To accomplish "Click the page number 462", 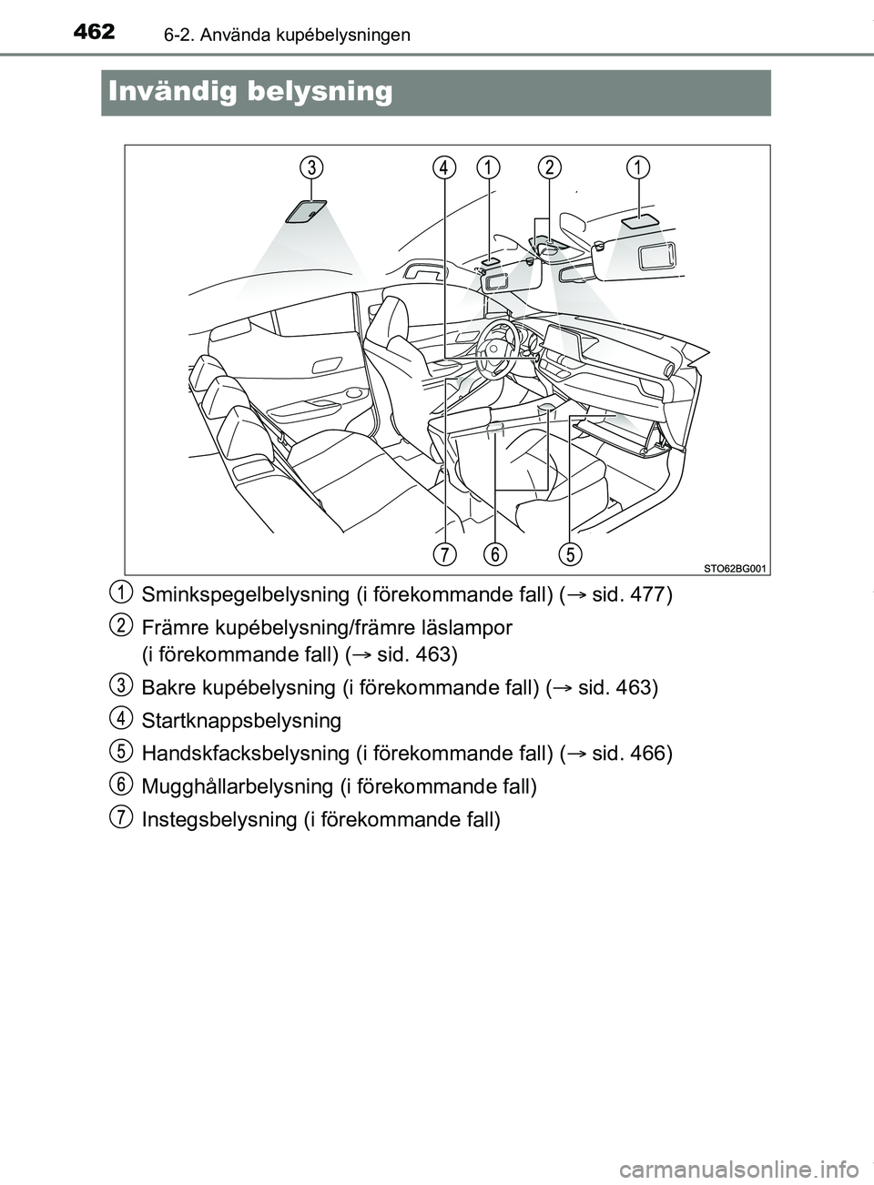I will click(90, 33).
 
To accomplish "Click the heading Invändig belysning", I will click(249, 92).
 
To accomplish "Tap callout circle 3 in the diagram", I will click(311, 167).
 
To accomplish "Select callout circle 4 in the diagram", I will click(444, 167).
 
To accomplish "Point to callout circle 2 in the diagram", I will click(550, 167).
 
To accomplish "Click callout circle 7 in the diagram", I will click(444, 554).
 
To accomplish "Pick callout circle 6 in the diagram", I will click(495, 554).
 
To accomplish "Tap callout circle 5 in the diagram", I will click(570, 554).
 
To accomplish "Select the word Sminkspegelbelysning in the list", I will click(241, 595).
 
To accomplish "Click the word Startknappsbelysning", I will click(241, 721).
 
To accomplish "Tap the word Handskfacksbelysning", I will click(242, 754).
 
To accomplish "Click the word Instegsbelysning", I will click(216, 819).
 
